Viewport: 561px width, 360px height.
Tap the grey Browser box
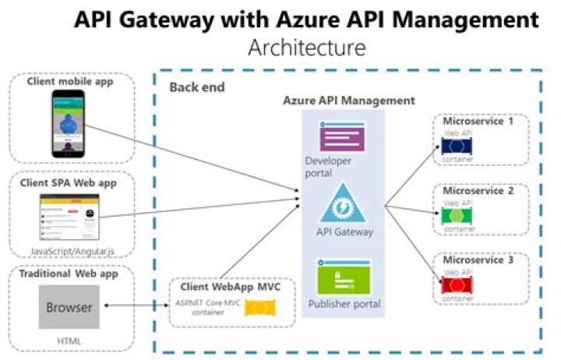(69, 308)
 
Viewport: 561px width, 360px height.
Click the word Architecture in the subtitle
(306, 48)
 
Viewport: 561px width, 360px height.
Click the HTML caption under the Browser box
(69, 341)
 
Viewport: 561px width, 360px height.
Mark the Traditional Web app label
(68, 274)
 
